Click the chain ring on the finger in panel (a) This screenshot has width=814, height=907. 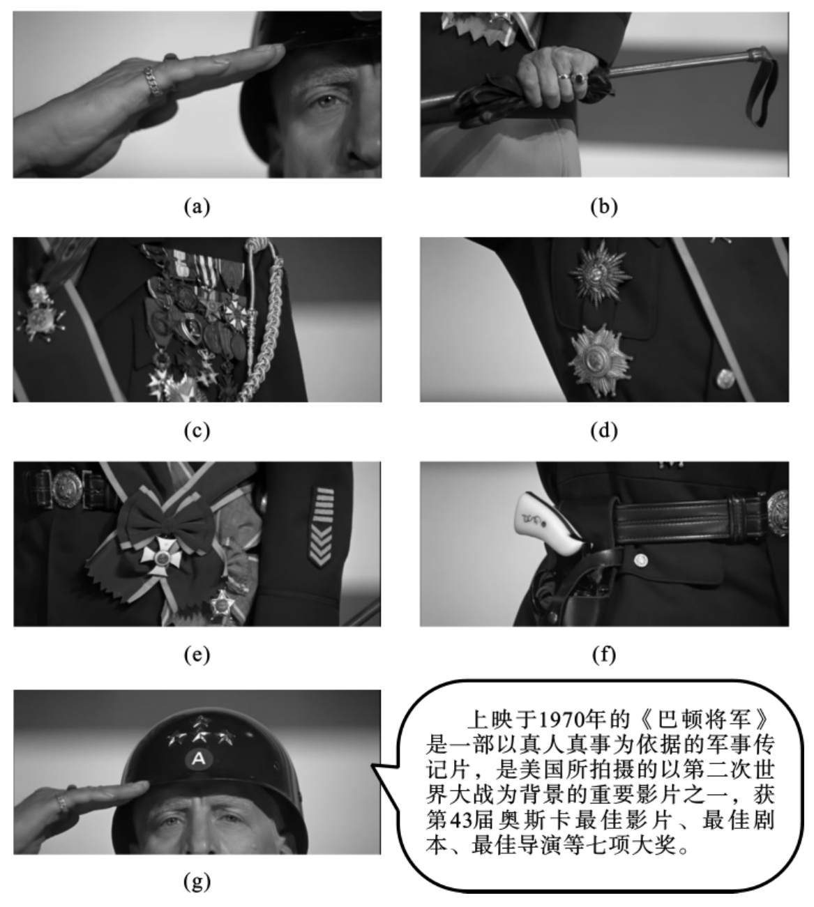[153, 82]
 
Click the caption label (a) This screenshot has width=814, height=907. [197, 207]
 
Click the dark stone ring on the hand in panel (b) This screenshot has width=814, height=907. [580, 78]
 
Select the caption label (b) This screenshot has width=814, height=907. [604, 207]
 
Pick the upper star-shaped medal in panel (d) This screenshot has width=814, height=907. [600, 273]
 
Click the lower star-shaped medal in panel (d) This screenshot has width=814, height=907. [600, 361]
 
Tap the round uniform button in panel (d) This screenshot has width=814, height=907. [725, 379]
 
